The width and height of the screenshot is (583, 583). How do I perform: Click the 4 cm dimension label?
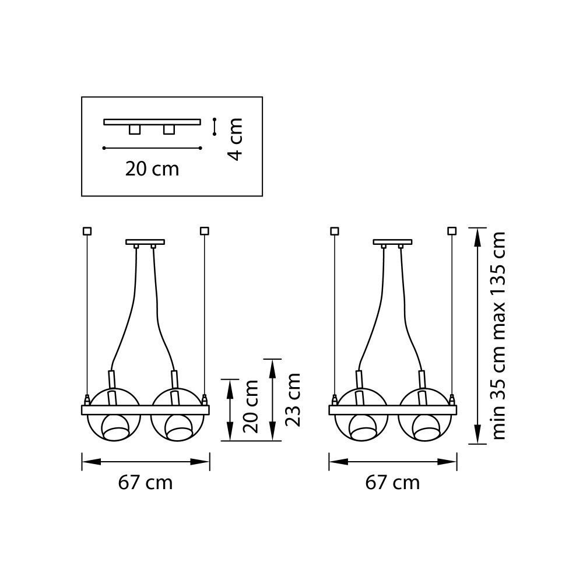(x=235, y=140)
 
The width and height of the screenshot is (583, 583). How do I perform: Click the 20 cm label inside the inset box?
(x=152, y=169)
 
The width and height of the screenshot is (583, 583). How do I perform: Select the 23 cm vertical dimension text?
(x=293, y=400)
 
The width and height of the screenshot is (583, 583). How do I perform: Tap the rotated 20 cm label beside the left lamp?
(x=251, y=406)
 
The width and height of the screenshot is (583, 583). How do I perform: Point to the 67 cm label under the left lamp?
(x=145, y=483)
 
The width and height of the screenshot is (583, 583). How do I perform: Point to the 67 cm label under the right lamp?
(x=392, y=483)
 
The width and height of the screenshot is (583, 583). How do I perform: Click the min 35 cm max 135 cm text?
(x=499, y=335)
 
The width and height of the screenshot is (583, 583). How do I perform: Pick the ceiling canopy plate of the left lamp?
(x=145, y=241)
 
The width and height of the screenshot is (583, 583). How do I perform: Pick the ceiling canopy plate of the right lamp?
(x=392, y=241)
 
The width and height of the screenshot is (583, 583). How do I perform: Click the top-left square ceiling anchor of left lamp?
(x=87, y=231)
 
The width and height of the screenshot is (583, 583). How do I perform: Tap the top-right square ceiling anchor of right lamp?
(x=452, y=231)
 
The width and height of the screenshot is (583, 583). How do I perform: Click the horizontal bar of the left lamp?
(x=145, y=410)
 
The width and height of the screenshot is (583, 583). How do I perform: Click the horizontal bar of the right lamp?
(x=392, y=410)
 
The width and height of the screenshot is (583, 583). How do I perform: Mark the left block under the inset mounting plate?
(x=135, y=129)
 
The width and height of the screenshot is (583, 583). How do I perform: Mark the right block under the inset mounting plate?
(x=169, y=129)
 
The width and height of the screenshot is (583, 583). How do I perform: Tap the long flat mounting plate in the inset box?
(x=152, y=122)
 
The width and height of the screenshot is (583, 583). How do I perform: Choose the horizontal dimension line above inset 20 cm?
(x=152, y=148)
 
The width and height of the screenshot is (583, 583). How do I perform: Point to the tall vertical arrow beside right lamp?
(x=477, y=335)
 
